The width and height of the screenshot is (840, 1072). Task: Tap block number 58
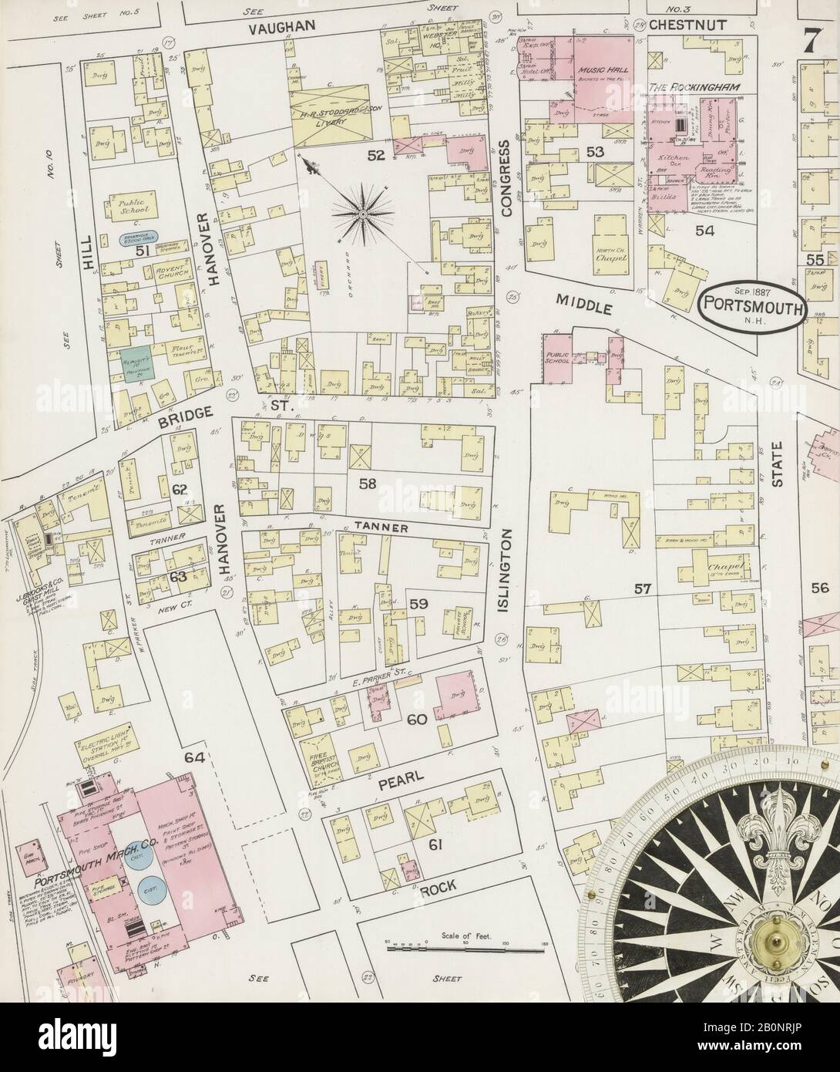tap(367, 484)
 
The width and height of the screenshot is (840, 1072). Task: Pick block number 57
tap(642, 589)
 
